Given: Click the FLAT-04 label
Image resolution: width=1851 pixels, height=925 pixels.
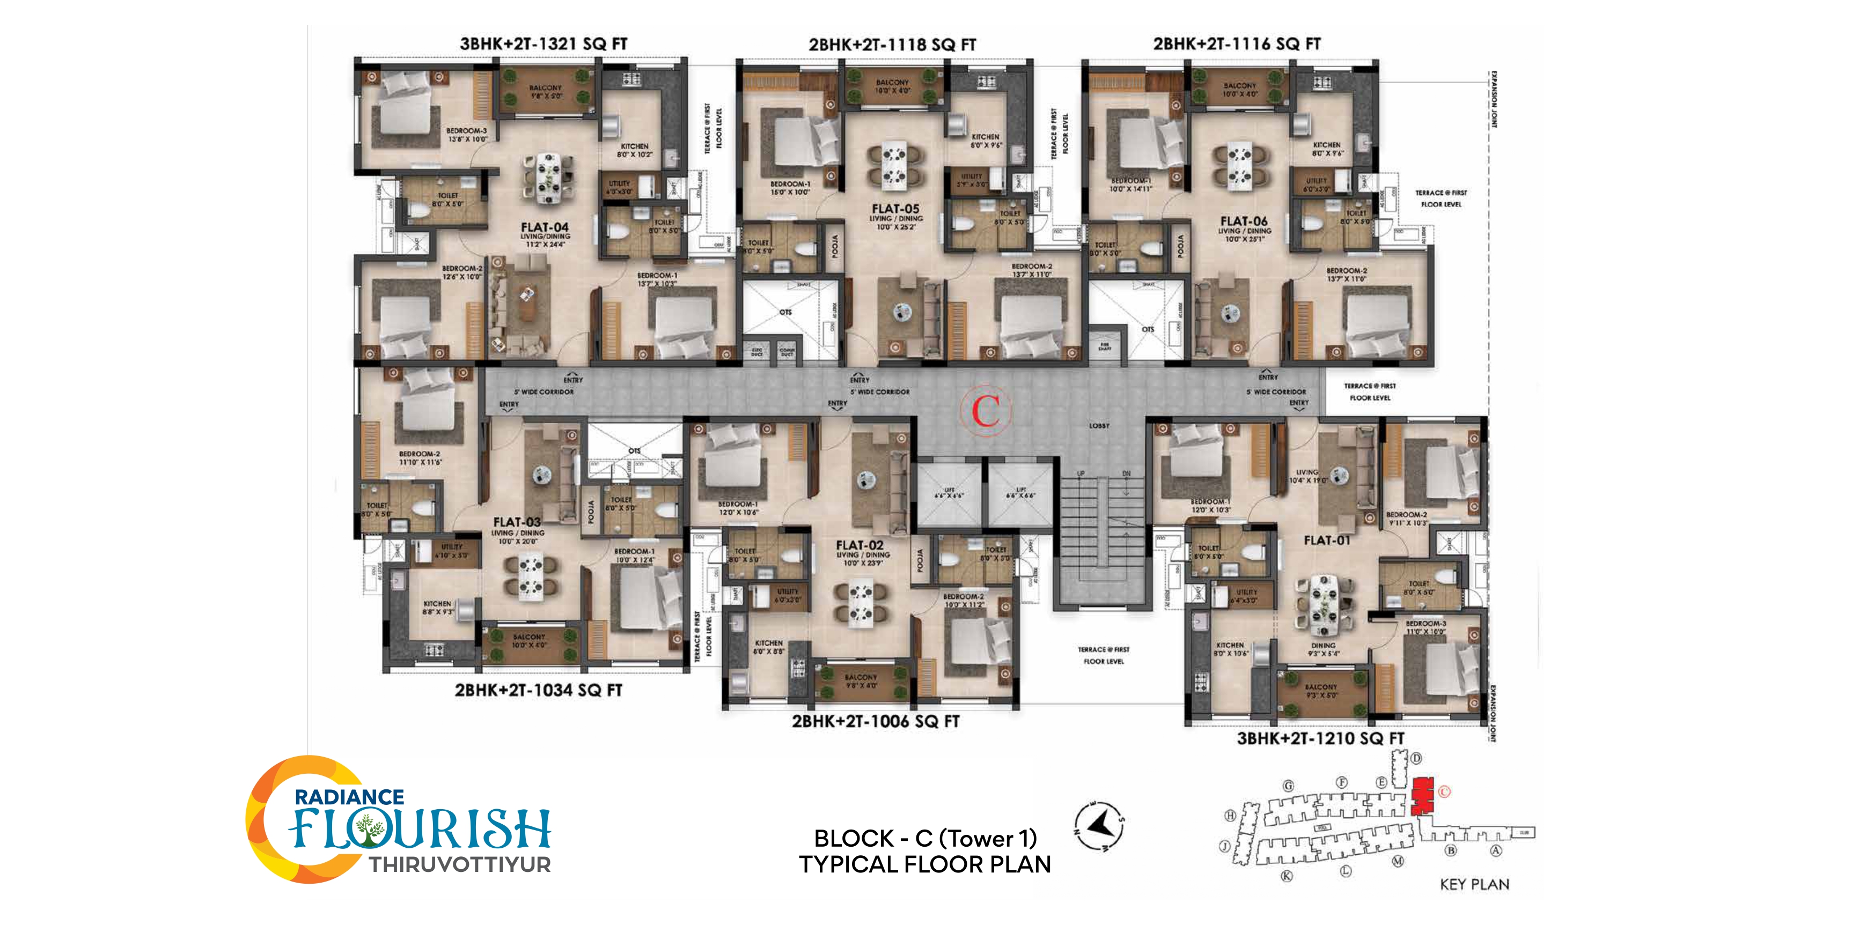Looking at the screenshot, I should (x=545, y=227).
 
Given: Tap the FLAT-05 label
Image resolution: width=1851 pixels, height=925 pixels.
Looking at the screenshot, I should (x=895, y=208).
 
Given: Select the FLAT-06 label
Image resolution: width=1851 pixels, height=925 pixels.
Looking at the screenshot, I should (x=1244, y=221).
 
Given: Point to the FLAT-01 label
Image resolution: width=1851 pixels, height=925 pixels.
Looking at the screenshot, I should (x=1326, y=540).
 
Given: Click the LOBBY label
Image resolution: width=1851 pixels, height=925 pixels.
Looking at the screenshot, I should (x=1099, y=426).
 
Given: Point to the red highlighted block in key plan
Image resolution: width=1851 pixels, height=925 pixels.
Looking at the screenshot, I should (x=1422, y=796).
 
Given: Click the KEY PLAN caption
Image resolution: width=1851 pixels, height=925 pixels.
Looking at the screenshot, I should (x=1474, y=885).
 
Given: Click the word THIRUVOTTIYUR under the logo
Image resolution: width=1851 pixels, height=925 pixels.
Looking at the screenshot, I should (x=460, y=864).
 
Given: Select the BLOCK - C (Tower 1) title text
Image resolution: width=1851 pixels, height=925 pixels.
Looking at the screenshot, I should (x=925, y=838).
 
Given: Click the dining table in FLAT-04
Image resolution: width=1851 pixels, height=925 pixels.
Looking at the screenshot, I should (x=549, y=176).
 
